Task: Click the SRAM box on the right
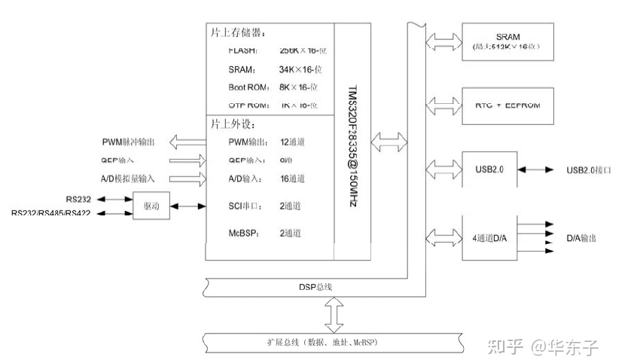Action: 507,41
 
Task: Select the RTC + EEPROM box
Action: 507,105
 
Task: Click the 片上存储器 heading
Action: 242,34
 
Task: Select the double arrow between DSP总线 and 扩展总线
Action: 331,314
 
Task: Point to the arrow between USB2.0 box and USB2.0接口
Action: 541,171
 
